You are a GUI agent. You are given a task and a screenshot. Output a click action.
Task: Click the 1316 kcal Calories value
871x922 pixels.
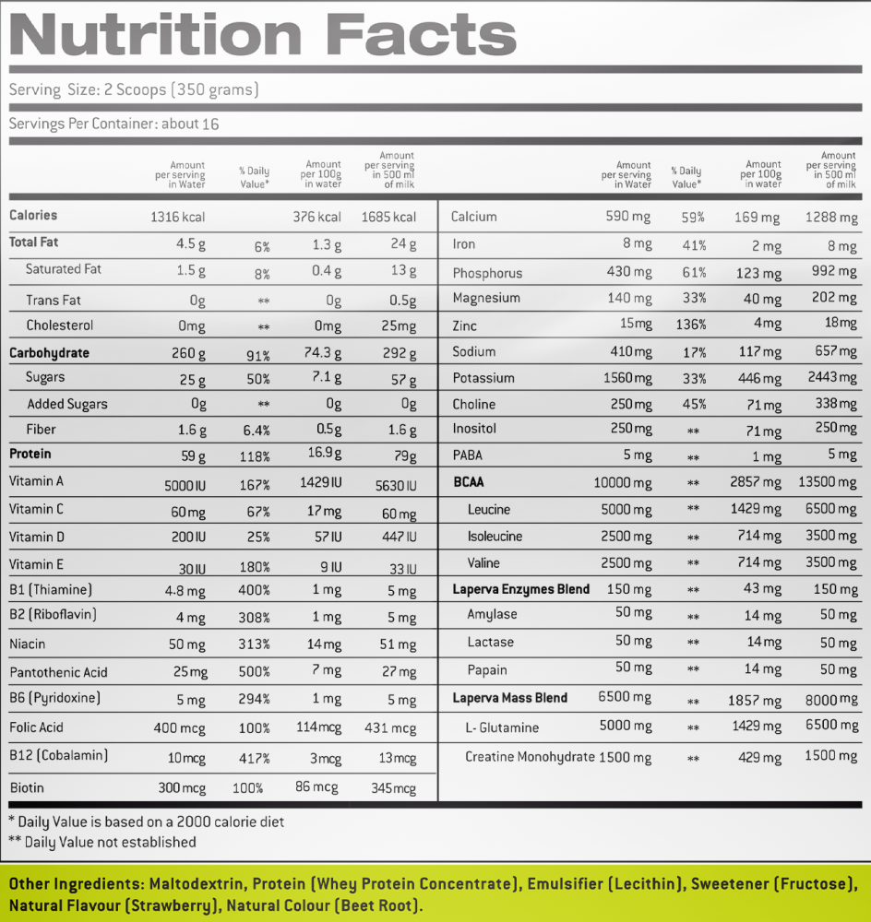coord(178,218)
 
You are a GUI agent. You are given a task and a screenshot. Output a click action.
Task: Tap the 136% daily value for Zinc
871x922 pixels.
coord(690,325)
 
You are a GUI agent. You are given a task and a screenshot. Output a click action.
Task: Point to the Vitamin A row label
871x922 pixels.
coord(36,481)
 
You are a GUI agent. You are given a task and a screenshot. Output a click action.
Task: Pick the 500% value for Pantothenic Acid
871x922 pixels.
coord(255,671)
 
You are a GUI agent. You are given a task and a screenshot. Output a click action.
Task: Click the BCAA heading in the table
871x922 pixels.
coord(469,482)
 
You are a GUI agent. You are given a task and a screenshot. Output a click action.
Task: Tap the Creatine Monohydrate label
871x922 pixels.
coord(531,757)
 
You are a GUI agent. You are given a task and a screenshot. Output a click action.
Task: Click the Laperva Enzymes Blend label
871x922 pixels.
coord(520,589)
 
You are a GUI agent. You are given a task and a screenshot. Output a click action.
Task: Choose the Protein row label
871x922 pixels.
coord(30,454)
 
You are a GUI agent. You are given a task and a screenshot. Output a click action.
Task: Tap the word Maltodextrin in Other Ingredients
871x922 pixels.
coord(197,884)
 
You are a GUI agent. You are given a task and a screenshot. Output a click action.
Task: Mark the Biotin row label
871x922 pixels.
coord(27,788)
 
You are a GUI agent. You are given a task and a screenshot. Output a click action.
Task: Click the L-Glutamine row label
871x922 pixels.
coord(502,728)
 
